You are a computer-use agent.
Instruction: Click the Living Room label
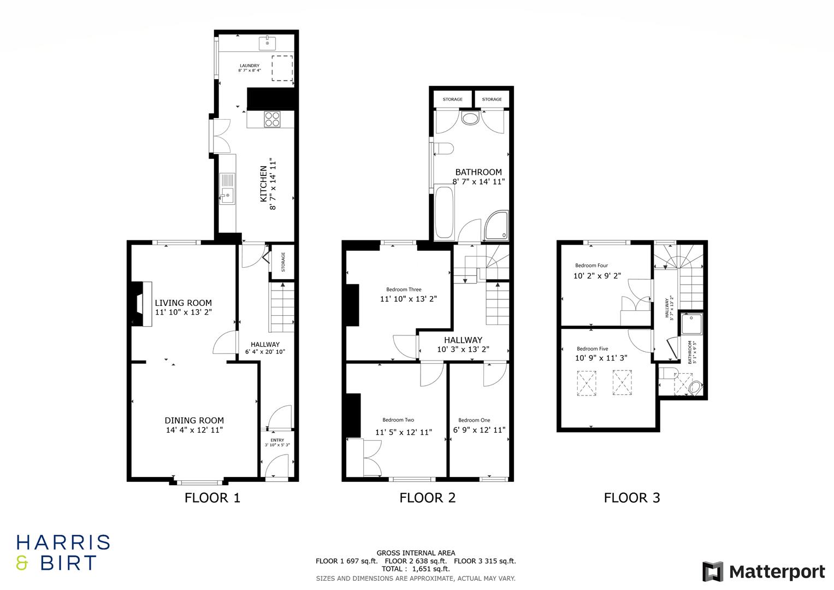coord(183,303)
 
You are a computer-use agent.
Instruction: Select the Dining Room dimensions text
coord(194,430)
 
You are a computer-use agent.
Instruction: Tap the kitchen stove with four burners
coord(272,119)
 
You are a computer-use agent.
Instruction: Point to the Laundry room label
coord(250,66)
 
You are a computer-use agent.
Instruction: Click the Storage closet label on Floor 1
coord(283,262)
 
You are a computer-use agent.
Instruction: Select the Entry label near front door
coord(277,440)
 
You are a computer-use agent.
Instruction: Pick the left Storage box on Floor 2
coord(452,99)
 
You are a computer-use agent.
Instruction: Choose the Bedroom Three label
coord(404,290)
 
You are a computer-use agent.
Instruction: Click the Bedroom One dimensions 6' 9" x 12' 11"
coord(479,430)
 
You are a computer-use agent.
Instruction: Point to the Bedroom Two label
coord(398,420)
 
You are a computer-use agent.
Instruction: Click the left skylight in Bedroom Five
coord(586,382)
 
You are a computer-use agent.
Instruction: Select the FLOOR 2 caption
coord(427,498)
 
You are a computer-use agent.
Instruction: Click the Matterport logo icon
coord(712,571)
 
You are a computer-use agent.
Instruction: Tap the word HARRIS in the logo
coord(63,542)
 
